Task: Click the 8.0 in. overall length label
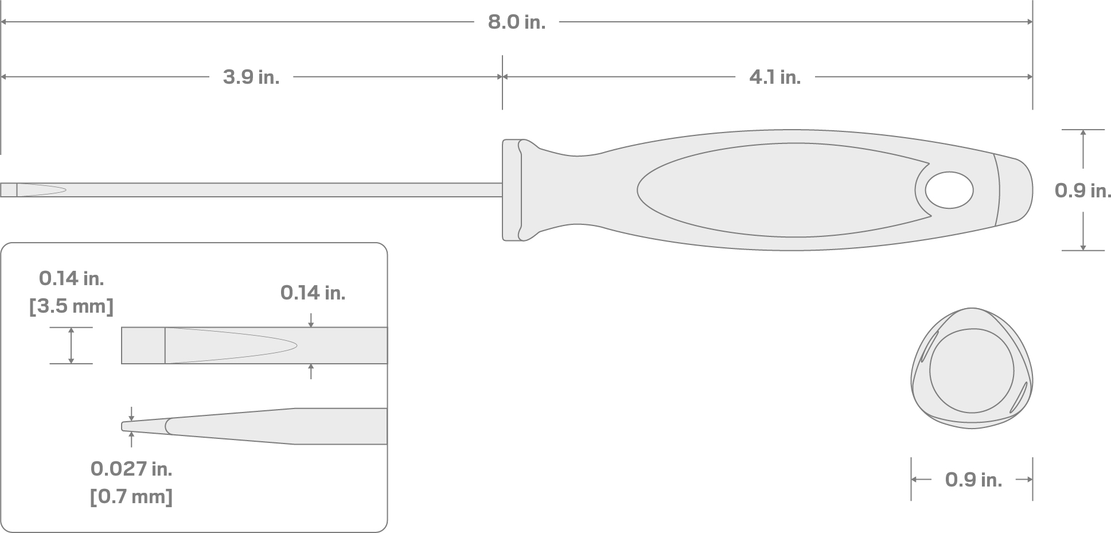point(516,22)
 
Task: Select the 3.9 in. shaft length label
point(251,77)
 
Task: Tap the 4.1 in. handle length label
point(774,77)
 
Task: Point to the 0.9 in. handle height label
point(1082,190)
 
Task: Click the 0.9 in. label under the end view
point(973,480)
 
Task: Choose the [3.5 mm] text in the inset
point(71,306)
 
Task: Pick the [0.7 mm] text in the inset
point(131,496)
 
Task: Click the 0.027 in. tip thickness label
point(131,469)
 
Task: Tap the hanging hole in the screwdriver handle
point(949,190)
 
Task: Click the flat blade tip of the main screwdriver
point(8,190)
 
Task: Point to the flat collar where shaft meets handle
point(512,190)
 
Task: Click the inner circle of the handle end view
point(972,371)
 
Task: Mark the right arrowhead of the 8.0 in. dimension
point(1029,22)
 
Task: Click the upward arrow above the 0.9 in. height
point(1083,133)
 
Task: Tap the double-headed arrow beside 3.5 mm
point(71,345)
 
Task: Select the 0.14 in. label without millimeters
point(313,293)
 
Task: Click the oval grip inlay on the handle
point(774,190)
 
